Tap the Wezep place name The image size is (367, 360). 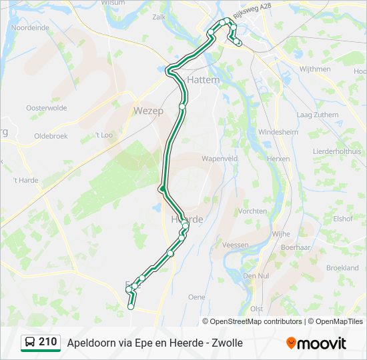[148, 111]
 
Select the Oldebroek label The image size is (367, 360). [51, 136]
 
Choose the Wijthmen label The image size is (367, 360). [315, 69]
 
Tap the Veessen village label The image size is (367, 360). [236, 245]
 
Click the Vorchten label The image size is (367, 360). [252, 211]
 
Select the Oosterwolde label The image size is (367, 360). [46, 107]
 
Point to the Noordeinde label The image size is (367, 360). [30, 28]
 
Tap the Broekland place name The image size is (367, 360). [342, 267]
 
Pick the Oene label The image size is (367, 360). [197, 297]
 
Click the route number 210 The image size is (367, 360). [47, 342]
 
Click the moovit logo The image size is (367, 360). [316, 343]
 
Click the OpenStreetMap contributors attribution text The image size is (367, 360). [256, 321]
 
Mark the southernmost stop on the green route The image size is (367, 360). [131, 307]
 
